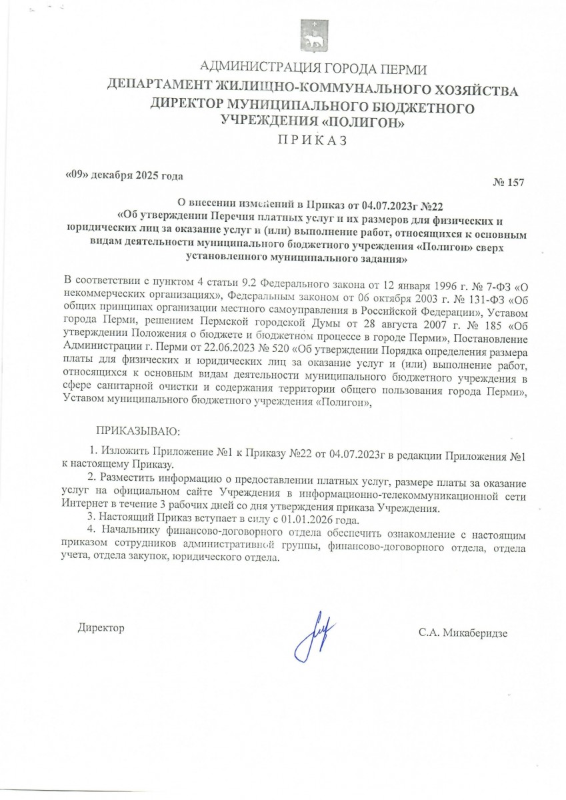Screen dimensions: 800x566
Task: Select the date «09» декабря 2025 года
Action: pos(123,176)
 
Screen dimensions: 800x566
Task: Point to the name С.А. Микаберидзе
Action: pos(463,632)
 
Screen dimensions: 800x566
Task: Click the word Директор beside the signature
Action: pos(101,627)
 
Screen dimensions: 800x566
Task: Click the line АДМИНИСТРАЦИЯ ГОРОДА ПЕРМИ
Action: pos(313,68)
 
